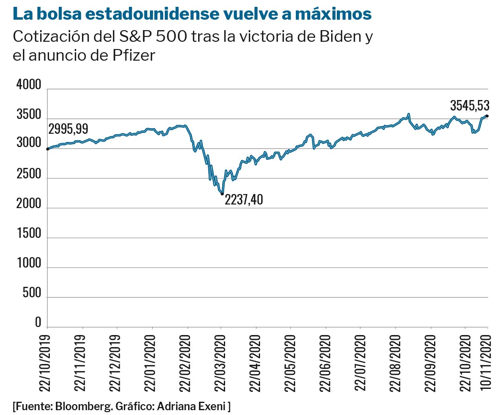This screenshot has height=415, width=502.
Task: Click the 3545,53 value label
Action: click(469, 106)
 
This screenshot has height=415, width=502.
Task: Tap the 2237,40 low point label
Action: click(244, 200)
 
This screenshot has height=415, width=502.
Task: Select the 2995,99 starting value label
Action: click(68, 129)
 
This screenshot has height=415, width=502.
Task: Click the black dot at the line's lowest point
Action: click(222, 194)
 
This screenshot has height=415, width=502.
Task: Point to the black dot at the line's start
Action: click(47, 149)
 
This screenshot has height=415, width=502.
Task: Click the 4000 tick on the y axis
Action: click(29, 85)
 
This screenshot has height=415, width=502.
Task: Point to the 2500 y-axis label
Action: click(29, 174)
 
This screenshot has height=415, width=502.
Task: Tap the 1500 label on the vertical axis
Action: click(29, 233)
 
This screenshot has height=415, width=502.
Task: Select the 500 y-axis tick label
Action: click(32, 293)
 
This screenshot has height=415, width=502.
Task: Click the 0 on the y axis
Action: click(38, 322)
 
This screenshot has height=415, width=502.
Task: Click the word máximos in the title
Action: click(333, 14)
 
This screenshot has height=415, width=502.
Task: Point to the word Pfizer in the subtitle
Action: click(134, 55)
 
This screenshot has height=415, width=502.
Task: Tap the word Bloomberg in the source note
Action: click(84, 406)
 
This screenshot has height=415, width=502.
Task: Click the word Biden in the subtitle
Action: click(340, 37)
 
